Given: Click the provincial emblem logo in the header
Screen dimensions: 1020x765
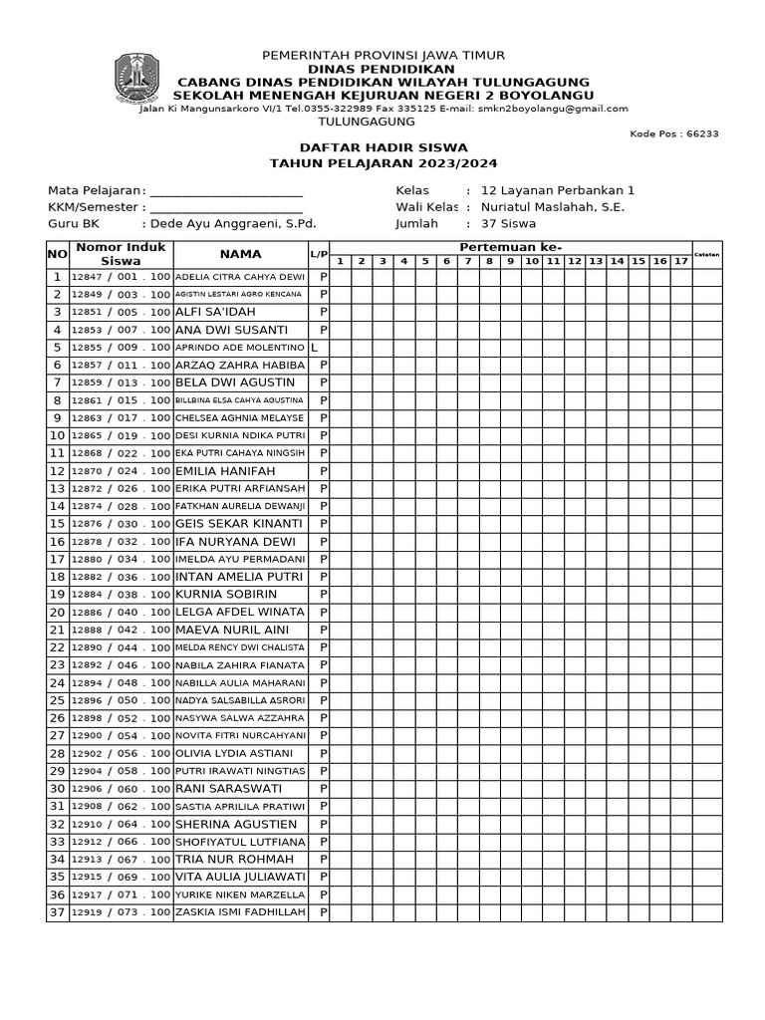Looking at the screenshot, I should (136, 79).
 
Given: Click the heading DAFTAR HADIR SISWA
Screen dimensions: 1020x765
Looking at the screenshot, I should (383, 147).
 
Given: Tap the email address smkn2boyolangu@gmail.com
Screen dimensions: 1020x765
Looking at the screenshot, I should (553, 109).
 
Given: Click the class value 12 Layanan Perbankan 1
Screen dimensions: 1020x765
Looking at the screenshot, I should (557, 190).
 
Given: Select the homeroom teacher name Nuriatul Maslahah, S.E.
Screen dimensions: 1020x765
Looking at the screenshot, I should (552, 207).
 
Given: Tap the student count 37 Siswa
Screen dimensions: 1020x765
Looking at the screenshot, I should (508, 224).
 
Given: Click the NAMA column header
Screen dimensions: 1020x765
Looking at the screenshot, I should (240, 254).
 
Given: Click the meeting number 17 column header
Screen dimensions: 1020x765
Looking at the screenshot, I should (680, 261).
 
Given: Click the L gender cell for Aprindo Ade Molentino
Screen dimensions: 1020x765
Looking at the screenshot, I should (315, 348).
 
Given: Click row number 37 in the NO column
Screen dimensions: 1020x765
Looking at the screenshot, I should (57, 912).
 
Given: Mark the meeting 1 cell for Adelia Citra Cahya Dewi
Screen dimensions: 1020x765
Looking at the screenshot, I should (340, 277).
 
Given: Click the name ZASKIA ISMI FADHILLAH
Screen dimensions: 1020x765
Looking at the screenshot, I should (239, 912).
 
